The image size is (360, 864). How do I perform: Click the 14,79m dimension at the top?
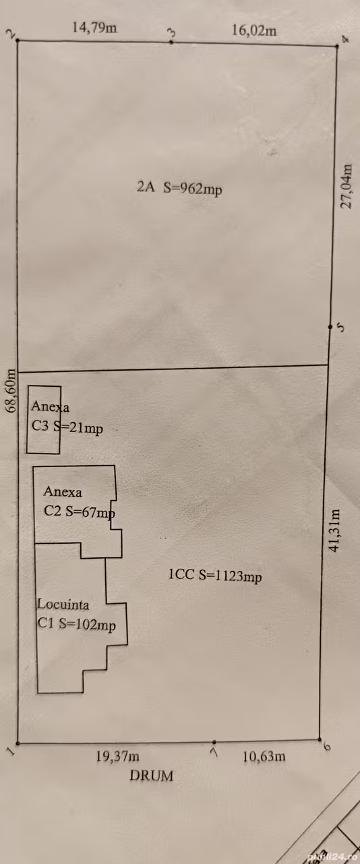click(x=94, y=28)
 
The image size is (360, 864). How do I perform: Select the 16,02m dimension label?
click(x=254, y=30)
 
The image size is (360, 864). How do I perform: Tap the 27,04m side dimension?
click(x=346, y=186)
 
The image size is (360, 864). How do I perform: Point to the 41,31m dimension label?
click(x=334, y=530)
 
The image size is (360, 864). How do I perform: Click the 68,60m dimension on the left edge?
click(x=11, y=391)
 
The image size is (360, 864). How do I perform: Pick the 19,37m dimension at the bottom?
click(x=118, y=756)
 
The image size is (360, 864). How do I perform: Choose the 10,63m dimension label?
click(x=264, y=756)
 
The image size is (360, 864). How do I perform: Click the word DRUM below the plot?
click(x=151, y=775)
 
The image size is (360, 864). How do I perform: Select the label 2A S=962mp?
click(x=179, y=188)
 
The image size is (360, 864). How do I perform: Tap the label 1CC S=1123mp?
click(x=215, y=576)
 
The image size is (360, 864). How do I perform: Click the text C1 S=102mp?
click(x=76, y=624)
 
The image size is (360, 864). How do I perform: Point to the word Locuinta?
click(x=63, y=605)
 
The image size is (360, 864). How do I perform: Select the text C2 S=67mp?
click(x=79, y=512)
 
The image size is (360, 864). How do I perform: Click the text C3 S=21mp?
click(x=67, y=427)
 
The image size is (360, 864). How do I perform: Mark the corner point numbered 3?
click(x=171, y=42)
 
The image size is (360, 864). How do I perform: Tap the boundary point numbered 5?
click(x=330, y=327)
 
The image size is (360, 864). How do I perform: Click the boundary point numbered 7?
click(x=214, y=741)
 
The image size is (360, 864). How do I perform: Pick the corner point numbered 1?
click(x=18, y=743)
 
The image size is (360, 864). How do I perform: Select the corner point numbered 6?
click(x=320, y=739)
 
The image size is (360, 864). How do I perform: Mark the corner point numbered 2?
click(x=18, y=40)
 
